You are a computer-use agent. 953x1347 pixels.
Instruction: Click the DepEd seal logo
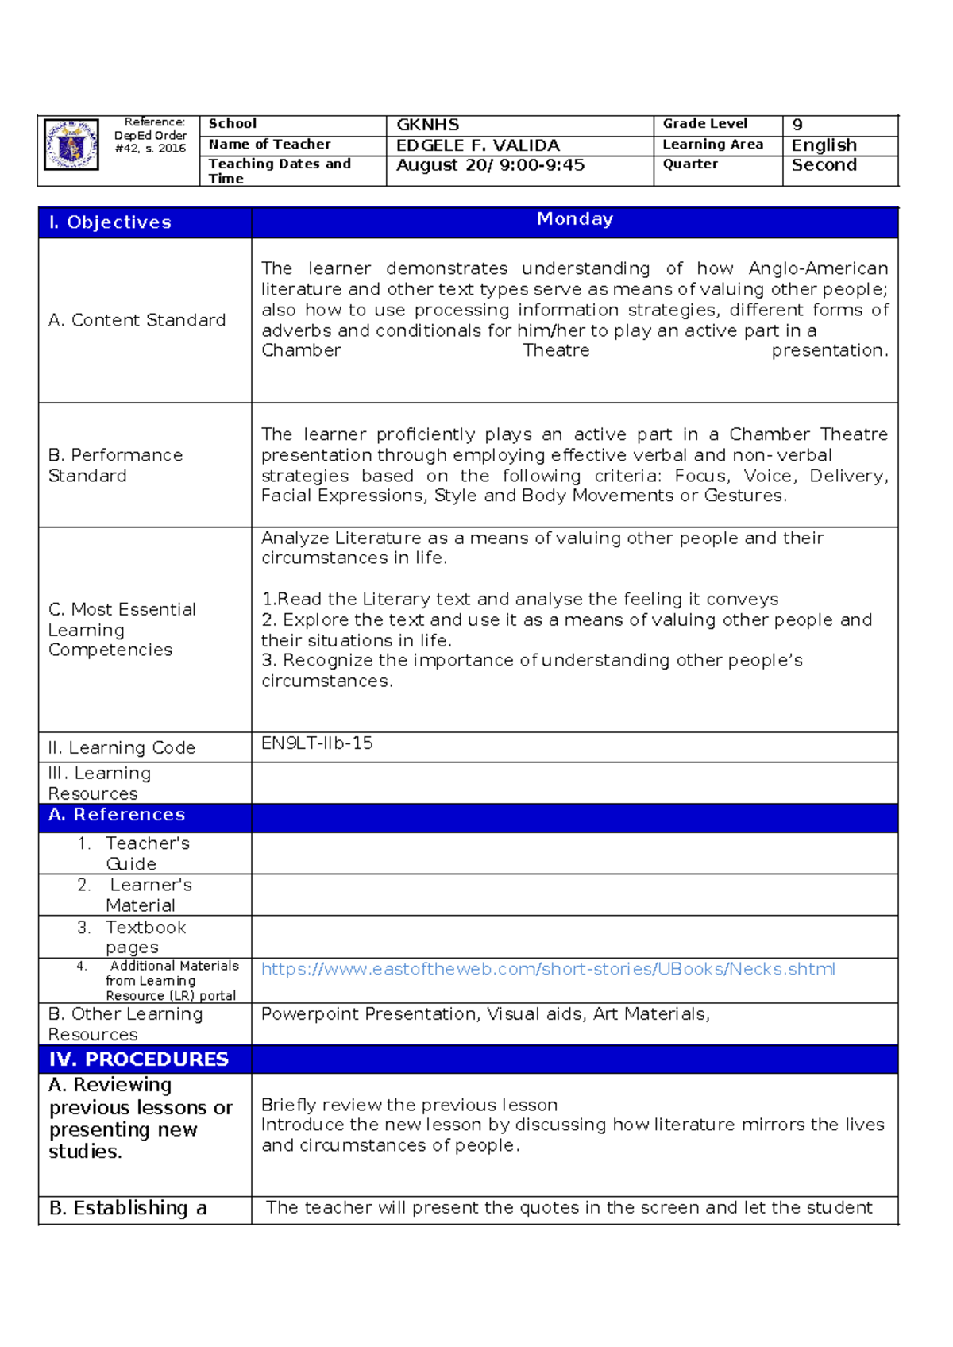coord(71,145)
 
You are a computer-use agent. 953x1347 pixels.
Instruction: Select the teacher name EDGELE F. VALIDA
coord(477,145)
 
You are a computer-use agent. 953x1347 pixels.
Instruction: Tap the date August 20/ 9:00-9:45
coord(490,165)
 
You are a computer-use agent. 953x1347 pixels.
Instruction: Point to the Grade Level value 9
coord(797,125)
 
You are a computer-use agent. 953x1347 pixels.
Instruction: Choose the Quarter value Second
coord(824,165)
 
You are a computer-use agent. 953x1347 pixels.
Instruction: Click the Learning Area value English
coord(824,145)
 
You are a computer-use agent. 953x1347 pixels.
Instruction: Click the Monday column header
coord(574,219)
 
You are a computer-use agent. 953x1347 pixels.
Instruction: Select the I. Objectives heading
coord(110,222)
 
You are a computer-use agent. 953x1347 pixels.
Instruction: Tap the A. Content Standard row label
coord(137,320)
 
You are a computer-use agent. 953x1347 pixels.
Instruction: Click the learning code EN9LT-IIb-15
coord(317,743)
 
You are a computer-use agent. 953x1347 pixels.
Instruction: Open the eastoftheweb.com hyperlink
coord(548,969)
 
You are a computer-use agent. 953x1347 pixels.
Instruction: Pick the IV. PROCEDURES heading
coord(138,1059)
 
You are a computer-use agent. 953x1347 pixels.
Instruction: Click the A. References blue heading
coord(116,815)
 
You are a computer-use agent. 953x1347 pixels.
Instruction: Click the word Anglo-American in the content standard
coord(818,268)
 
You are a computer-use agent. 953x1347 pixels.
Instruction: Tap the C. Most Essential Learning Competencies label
coord(122,630)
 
